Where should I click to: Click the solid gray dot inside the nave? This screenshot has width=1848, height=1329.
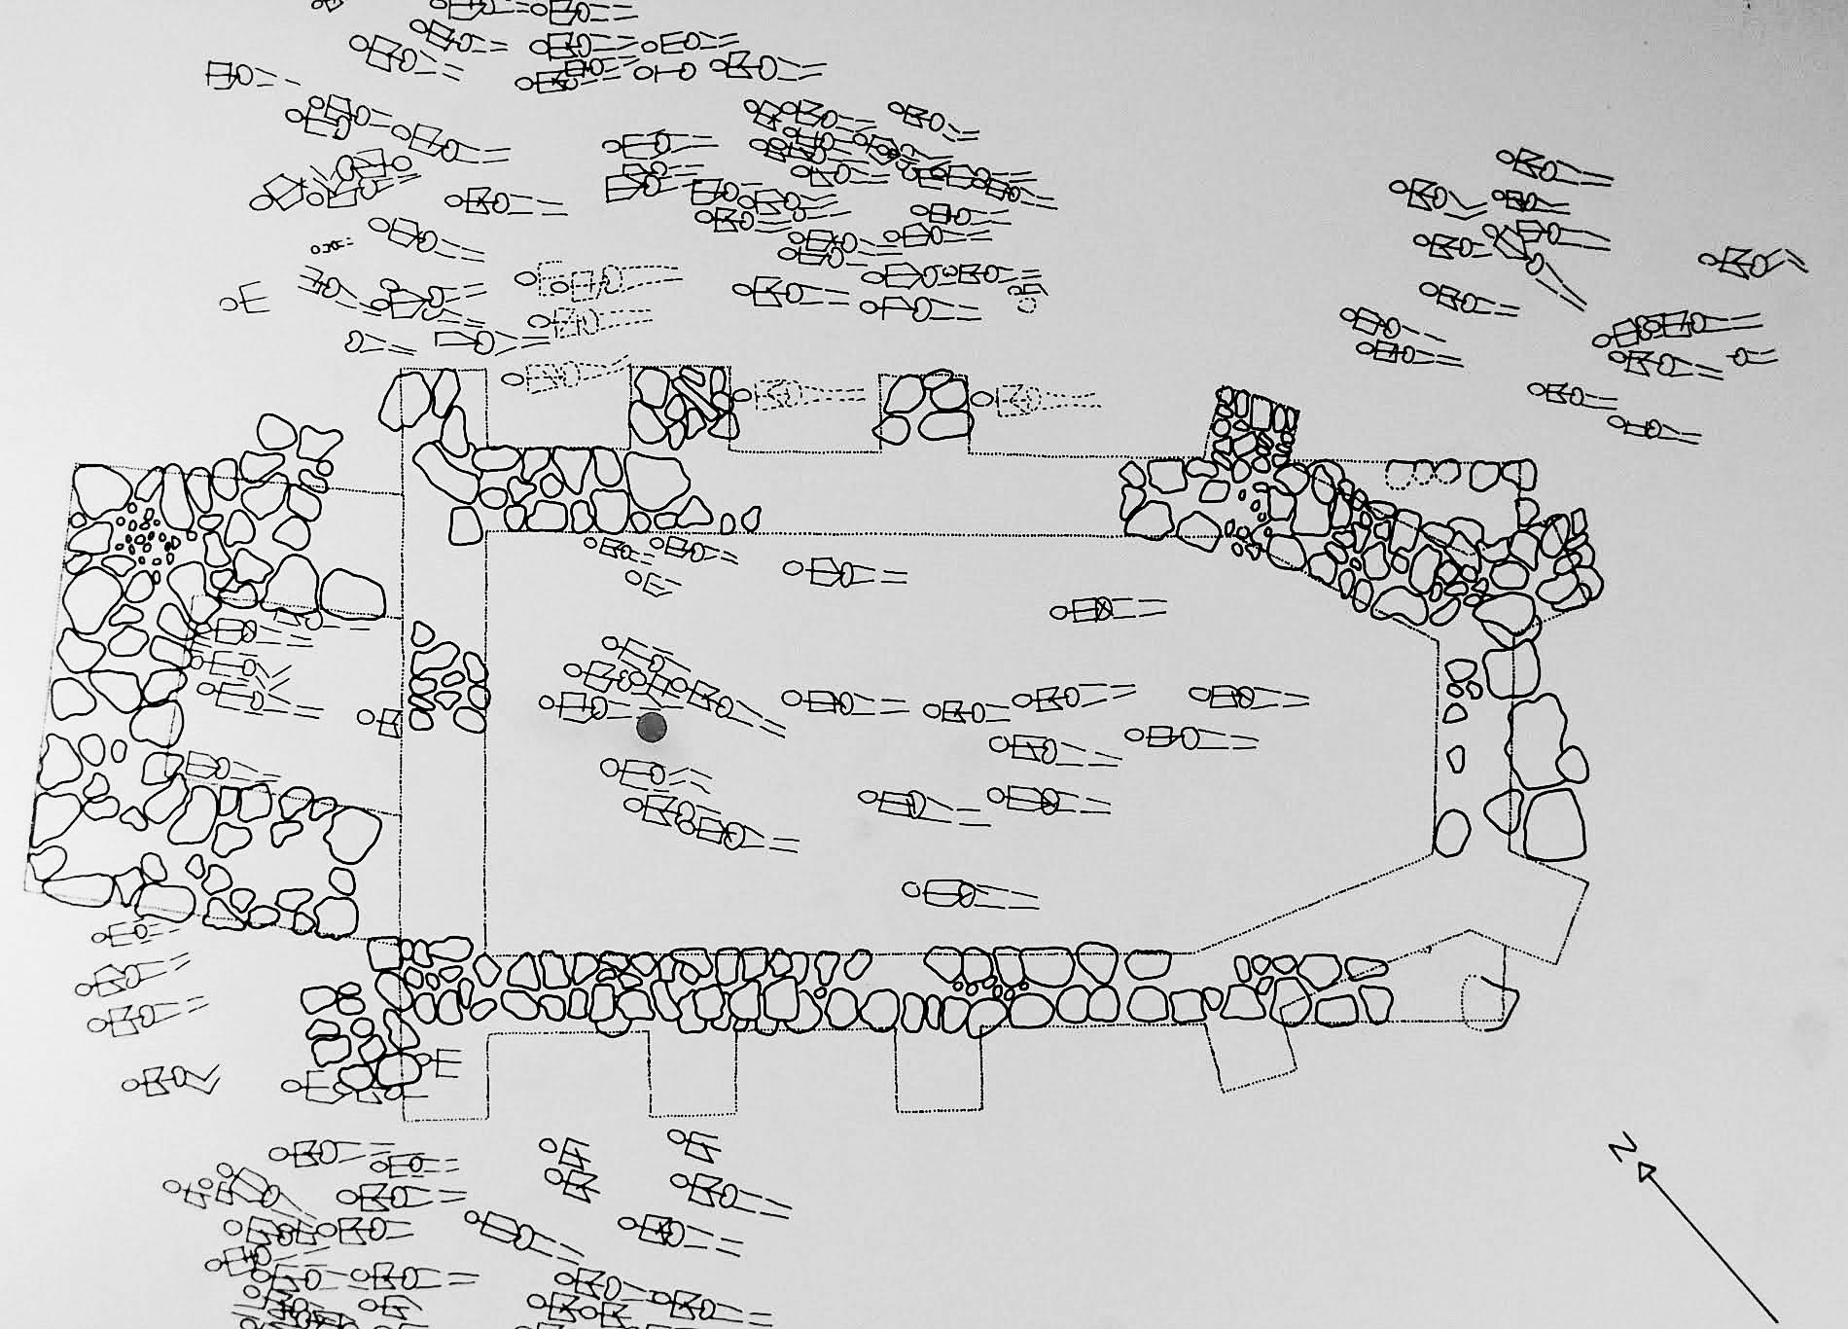(x=651, y=726)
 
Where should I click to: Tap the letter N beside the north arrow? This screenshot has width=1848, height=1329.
(x=1619, y=1149)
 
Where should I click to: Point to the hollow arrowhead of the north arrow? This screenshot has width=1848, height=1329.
(x=1646, y=1171)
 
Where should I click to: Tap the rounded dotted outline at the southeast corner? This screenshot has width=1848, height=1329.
(x=1488, y=1002)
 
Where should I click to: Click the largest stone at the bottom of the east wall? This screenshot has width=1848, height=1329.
(x=1554, y=823)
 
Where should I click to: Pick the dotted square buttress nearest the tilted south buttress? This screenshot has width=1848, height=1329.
(x=936, y=1070)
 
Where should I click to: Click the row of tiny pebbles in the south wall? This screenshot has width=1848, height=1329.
(x=987, y=988)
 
